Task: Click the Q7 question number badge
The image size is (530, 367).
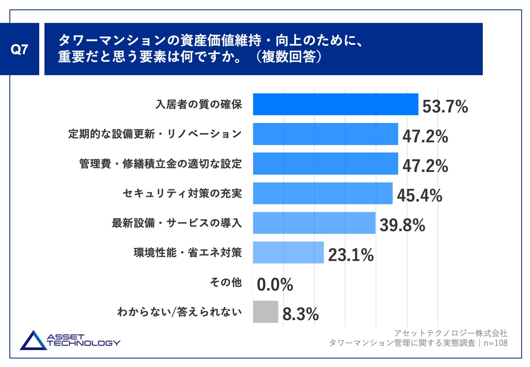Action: [x=19, y=49]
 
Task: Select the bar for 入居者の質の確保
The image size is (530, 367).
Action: [x=335, y=104]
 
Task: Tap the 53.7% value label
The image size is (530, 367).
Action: [x=445, y=106]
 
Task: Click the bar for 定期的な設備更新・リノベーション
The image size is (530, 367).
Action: [x=325, y=134]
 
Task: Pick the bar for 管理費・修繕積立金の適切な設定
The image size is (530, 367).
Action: [x=325, y=163]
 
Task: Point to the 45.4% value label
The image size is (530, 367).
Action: [x=420, y=195]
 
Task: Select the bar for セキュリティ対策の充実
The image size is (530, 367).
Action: [x=323, y=193]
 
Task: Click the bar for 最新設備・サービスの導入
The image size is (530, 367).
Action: [x=314, y=223]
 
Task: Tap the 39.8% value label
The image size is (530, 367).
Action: [x=402, y=225]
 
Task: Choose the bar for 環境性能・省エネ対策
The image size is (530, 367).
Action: [x=288, y=252]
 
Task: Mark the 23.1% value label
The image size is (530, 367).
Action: [x=351, y=255]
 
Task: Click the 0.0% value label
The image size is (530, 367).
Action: [x=275, y=284]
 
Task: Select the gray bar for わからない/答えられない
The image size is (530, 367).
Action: [x=266, y=312]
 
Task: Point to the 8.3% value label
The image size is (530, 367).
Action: [x=301, y=314]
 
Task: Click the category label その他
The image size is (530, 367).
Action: [x=226, y=282]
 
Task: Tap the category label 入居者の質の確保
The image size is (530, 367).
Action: [x=199, y=104]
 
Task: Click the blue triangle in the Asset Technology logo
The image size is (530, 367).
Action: [x=33, y=341]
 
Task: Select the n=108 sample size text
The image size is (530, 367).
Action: [x=495, y=343]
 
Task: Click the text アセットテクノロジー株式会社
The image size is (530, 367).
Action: [x=451, y=333]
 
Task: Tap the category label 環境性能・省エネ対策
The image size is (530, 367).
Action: [x=188, y=253]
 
